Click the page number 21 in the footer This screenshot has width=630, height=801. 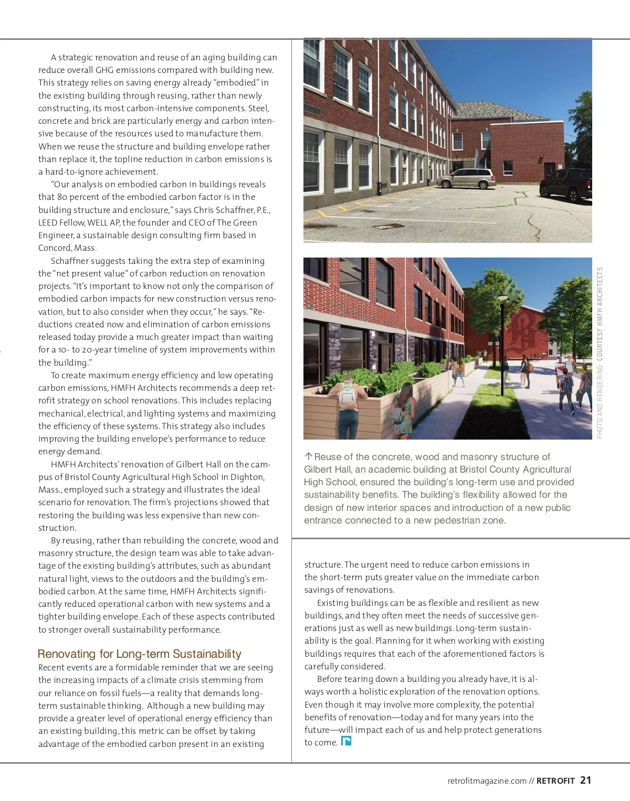585,780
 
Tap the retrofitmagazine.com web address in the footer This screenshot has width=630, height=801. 487,781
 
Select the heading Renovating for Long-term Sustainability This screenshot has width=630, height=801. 140,654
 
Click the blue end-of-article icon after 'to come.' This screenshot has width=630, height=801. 346,741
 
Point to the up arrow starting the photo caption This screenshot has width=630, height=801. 308,456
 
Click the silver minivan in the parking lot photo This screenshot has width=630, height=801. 466,178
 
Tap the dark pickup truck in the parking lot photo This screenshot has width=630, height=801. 565,185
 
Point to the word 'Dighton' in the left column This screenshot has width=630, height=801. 247,477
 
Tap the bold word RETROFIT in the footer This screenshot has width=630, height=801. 555,781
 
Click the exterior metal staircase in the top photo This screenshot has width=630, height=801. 480,157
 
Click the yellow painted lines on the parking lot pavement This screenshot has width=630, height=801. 336,215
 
